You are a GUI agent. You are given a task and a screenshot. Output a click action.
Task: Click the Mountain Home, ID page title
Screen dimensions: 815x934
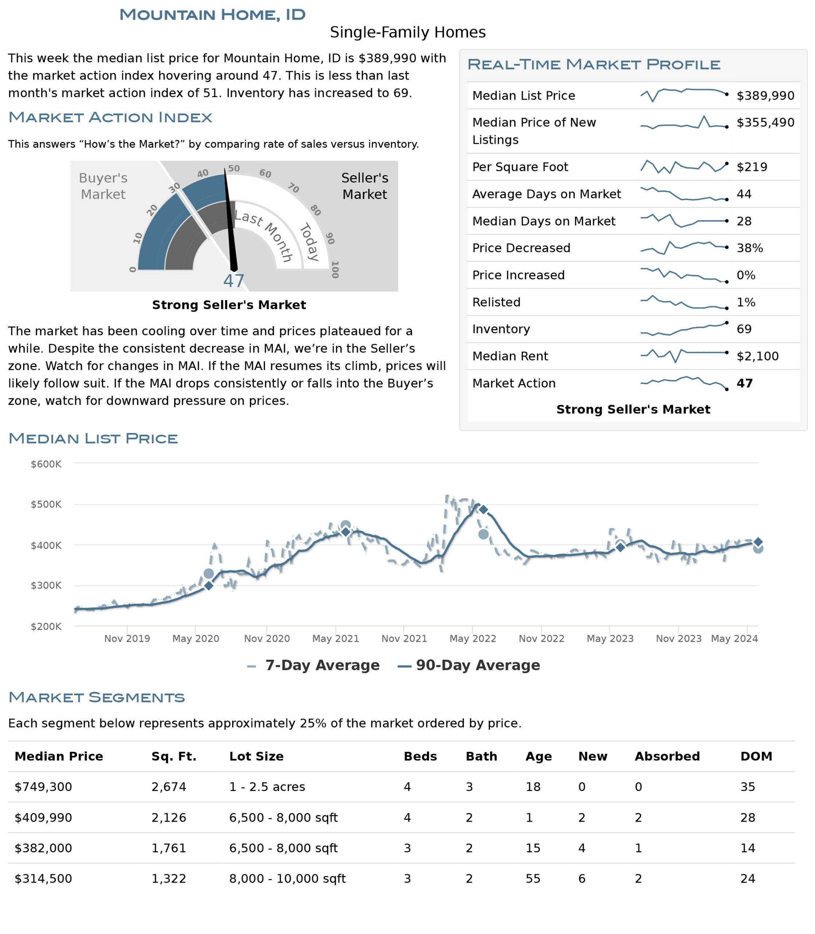click(212, 15)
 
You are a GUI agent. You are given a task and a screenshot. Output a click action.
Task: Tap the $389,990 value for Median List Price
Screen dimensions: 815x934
click(765, 96)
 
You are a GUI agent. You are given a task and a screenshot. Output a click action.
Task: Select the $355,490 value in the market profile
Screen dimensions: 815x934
click(765, 122)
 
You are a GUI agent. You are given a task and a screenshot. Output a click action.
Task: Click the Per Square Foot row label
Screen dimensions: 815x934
click(520, 167)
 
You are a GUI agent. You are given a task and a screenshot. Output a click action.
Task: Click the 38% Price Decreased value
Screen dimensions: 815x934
click(750, 248)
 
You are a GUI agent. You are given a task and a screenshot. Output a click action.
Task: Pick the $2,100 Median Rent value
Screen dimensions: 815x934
click(758, 356)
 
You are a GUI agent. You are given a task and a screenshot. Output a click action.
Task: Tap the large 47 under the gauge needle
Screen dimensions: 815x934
click(234, 281)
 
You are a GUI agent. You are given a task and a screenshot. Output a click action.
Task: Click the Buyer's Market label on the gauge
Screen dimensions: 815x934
click(103, 186)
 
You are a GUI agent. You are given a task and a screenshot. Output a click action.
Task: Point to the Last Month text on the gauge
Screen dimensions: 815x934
click(265, 235)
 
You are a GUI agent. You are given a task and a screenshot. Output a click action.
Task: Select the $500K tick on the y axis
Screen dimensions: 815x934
click(46, 504)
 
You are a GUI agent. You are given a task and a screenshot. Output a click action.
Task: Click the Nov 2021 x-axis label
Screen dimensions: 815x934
click(404, 638)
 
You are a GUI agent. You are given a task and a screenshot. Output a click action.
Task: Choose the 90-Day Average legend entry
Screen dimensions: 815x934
click(469, 665)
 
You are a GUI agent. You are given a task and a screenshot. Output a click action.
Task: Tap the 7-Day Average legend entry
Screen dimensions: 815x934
click(314, 665)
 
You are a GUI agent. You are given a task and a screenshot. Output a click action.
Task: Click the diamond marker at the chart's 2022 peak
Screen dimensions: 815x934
click(484, 510)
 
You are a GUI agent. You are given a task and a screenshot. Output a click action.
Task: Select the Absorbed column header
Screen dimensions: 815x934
click(667, 756)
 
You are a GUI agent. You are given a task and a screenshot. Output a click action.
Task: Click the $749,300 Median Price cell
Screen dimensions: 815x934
click(43, 787)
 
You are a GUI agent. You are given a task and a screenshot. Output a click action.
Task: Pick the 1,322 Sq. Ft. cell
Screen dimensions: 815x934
click(169, 879)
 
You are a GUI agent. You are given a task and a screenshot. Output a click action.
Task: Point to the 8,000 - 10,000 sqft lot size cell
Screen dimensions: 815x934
click(288, 879)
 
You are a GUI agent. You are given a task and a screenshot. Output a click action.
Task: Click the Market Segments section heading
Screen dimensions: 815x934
click(97, 697)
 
